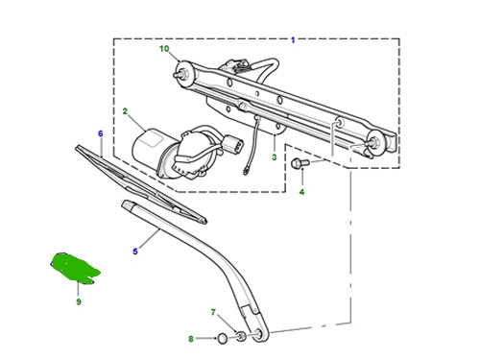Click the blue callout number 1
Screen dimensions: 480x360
point(293,40)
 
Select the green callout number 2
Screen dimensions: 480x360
point(125,111)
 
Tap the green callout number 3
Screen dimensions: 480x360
point(275,157)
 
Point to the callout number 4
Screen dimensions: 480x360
point(301,192)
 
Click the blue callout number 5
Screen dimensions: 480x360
point(135,252)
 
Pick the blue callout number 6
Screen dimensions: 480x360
point(101,133)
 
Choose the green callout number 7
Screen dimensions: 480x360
point(213,312)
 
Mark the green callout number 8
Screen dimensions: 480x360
point(191,339)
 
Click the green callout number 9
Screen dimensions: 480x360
point(79,301)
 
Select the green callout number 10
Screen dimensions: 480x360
point(164,49)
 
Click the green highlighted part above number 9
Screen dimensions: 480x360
point(75,268)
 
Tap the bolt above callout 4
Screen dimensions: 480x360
point(300,163)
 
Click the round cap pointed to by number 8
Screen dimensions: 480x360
point(223,338)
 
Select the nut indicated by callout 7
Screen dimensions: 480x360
point(242,337)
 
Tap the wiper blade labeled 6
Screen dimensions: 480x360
point(141,184)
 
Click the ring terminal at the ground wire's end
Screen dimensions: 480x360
point(246,172)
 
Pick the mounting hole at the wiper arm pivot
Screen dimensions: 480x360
point(258,335)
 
